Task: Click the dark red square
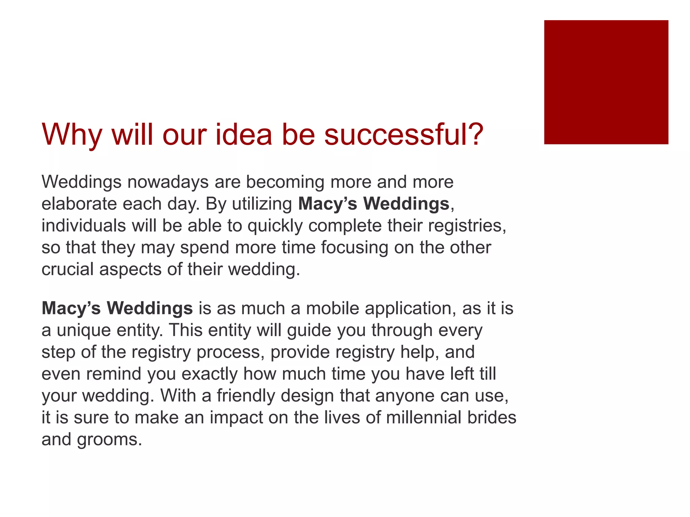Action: coord(606,82)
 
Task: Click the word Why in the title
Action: coord(72,135)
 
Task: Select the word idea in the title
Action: coord(243,135)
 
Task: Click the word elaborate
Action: coord(79,204)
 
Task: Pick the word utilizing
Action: coord(262,204)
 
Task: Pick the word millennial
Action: coord(424,418)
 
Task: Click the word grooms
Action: coord(109,440)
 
